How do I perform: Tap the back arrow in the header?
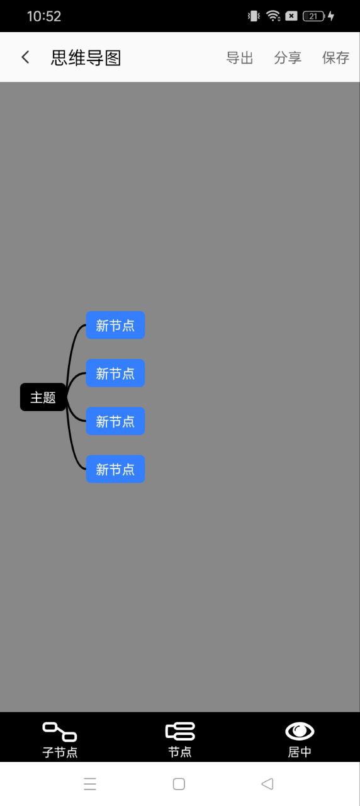tap(25, 57)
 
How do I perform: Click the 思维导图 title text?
tap(86, 57)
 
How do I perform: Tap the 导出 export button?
tap(240, 57)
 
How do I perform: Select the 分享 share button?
tap(288, 57)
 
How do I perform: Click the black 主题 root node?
tap(43, 397)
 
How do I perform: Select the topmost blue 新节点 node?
tap(115, 325)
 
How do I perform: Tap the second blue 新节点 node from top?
tap(115, 373)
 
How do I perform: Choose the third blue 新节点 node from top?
tap(115, 421)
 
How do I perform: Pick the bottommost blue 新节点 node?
tap(115, 469)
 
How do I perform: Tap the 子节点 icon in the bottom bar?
tap(60, 732)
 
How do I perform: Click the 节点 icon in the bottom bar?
tap(180, 731)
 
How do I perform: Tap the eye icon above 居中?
tap(300, 731)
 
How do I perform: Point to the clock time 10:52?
tap(44, 16)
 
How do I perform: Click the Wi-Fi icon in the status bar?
tap(273, 16)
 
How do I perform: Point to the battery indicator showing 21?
tap(314, 16)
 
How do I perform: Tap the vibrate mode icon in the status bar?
tap(254, 16)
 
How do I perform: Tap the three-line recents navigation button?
tap(90, 784)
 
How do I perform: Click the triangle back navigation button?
tap(267, 784)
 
